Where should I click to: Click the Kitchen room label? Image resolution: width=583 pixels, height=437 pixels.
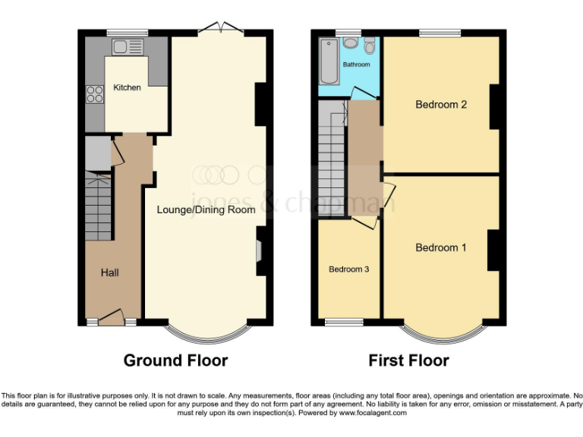(x=127, y=87)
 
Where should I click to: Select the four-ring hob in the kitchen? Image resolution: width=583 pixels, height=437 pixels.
(x=96, y=94)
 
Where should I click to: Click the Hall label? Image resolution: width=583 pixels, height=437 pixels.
(x=110, y=272)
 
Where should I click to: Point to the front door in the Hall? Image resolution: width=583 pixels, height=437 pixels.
(x=111, y=317)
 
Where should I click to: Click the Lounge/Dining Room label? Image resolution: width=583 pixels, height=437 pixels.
(x=206, y=209)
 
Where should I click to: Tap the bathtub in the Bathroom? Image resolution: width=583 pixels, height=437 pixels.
(x=329, y=62)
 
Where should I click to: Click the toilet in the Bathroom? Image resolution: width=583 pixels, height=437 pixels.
(x=369, y=46)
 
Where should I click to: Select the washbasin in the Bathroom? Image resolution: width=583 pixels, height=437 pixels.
(x=350, y=43)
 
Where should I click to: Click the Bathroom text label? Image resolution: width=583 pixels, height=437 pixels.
(x=356, y=65)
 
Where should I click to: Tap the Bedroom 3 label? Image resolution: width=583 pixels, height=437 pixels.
(x=348, y=269)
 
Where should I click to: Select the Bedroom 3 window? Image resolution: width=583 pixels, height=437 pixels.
(x=344, y=322)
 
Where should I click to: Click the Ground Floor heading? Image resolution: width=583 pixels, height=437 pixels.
(x=175, y=360)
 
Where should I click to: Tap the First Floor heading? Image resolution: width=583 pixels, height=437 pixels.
(x=408, y=360)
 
